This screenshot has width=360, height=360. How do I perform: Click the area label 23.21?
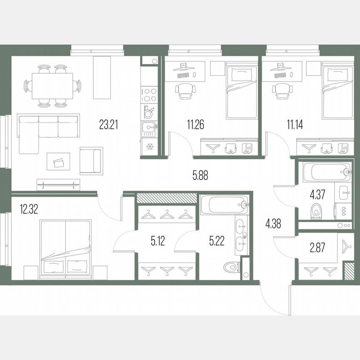tap(109, 125)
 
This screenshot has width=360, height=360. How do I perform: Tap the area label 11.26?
tap(195, 125)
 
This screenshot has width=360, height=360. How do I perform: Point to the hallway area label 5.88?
tap(200, 175)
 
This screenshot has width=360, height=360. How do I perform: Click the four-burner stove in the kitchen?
tap(149, 94)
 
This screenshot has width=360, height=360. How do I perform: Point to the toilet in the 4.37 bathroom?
tap(317, 211)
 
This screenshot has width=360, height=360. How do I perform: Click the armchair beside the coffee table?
tap(91, 160)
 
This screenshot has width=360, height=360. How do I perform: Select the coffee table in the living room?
tap(57, 160)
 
